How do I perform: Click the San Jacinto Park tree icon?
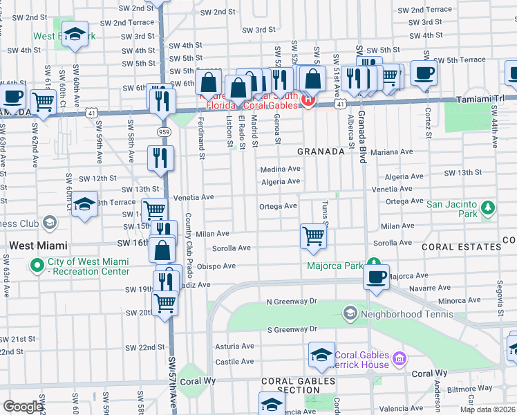coord(488,207)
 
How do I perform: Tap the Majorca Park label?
coord(335,266)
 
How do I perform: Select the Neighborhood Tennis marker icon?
coord(350,314)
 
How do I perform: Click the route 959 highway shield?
coord(164,131)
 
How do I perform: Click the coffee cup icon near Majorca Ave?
coord(376,277)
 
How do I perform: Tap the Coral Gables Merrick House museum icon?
coord(398,359)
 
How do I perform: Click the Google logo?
coord(22,407)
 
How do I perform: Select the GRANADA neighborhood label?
coord(321,151)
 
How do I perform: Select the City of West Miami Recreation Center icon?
coord(36,264)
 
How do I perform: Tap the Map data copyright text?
coord(487,410)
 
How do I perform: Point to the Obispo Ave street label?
coord(217,266)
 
